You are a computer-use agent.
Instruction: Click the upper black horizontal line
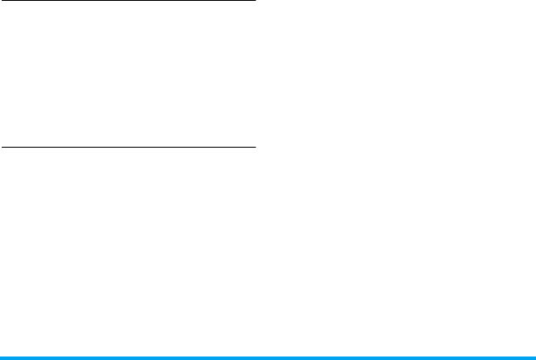tap(128, 2)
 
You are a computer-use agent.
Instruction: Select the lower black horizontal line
tap(128, 147)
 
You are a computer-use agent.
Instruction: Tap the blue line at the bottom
tap(268, 357)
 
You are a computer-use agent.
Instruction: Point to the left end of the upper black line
tap(1, 2)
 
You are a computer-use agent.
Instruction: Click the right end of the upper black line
tap(254, 2)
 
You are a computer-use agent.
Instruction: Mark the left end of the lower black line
tap(1, 147)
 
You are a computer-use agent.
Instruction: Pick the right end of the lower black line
tap(254, 147)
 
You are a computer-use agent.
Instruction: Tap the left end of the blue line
tap(1, 357)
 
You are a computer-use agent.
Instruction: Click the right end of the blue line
tap(534, 357)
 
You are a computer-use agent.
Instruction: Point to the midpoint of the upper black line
tap(128, 2)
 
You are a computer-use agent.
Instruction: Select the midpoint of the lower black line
tap(128, 147)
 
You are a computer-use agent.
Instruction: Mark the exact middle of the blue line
tap(268, 357)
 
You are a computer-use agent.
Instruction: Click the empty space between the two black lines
tap(128, 74)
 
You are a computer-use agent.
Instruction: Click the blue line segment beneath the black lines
tap(128, 357)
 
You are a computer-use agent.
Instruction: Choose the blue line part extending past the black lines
tap(393, 357)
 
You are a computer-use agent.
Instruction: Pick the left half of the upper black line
tap(64, 2)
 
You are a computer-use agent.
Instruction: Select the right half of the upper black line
tap(191, 2)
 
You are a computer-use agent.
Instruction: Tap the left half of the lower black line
tap(64, 147)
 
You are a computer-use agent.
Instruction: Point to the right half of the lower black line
tap(191, 147)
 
